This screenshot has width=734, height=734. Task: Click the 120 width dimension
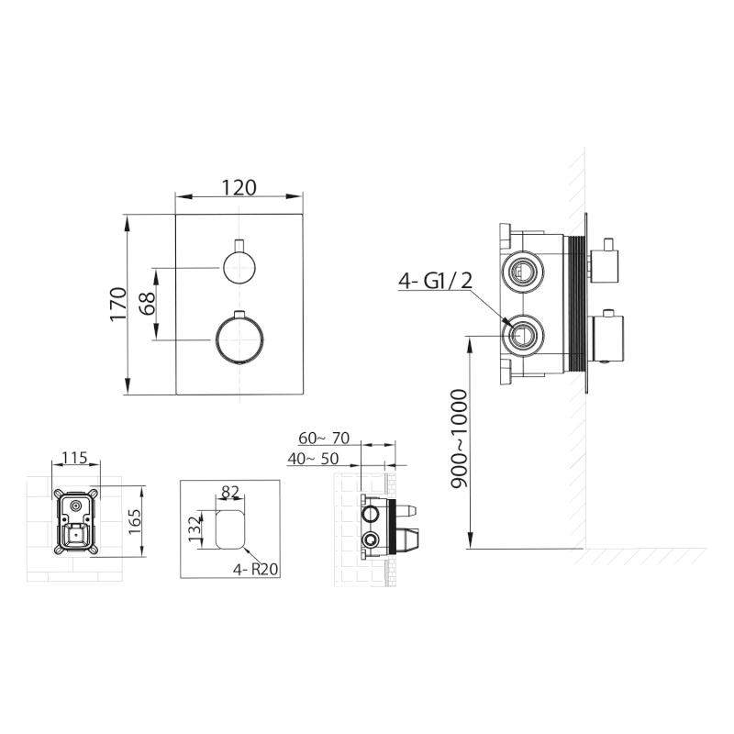click(x=239, y=188)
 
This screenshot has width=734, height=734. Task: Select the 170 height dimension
click(x=118, y=305)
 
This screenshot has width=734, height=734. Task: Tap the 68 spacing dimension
click(x=147, y=304)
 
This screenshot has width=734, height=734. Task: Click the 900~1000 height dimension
click(x=459, y=439)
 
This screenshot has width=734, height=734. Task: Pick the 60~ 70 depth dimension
click(x=324, y=439)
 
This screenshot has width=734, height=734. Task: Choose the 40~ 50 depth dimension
click(x=313, y=459)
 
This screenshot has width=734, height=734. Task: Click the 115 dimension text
click(x=75, y=457)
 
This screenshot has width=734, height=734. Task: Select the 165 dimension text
click(x=134, y=521)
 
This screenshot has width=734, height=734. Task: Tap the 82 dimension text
click(x=230, y=492)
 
